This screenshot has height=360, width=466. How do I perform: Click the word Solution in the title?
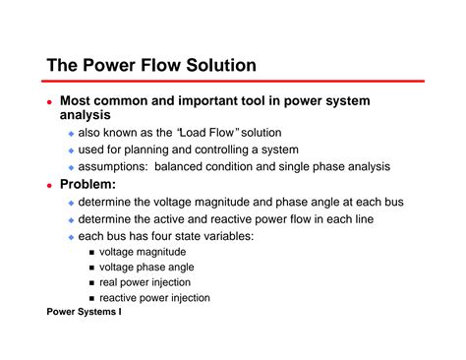217,66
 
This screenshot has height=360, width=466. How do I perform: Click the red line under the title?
236,82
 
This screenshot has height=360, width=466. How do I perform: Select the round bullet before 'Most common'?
50,100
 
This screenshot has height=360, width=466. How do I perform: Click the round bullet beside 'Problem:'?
50,184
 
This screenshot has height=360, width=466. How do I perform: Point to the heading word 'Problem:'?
87,184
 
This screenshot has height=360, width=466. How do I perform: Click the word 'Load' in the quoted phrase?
196,133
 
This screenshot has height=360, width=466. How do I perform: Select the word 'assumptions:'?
113,166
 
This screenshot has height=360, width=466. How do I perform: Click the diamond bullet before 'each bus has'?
70,236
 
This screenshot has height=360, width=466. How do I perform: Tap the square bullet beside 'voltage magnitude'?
90,253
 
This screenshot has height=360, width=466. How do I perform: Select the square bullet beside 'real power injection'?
90,282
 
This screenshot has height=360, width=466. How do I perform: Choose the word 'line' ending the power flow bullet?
369,218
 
